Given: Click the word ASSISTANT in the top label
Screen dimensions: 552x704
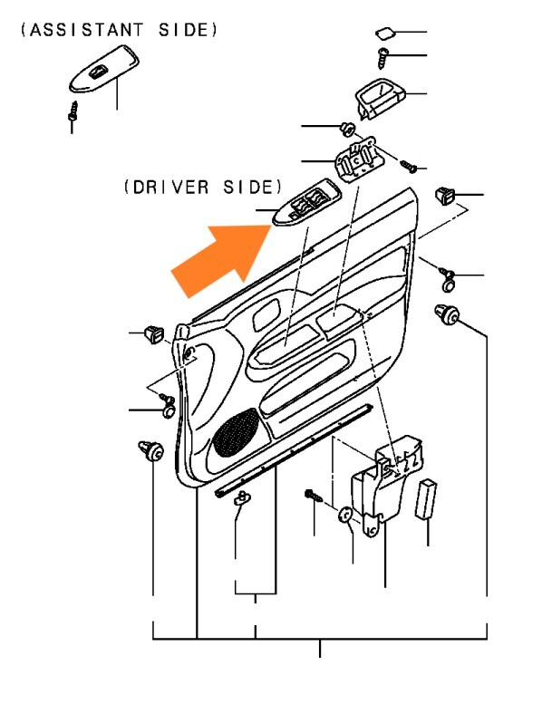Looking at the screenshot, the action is [87, 30].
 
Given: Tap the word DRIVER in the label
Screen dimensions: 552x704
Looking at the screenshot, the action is [171, 188].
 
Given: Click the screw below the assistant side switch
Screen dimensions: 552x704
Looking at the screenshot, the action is [73, 111].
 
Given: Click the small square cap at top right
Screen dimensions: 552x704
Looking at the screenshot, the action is [385, 33].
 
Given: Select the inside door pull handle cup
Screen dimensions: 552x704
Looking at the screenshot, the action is [380, 99].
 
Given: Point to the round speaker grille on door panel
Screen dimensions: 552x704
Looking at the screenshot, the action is [237, 432].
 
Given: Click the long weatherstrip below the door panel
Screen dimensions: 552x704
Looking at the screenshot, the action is [295, 450].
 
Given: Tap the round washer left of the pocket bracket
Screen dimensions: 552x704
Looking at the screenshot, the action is [345, 516].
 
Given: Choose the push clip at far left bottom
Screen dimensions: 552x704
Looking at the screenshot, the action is [150, 450].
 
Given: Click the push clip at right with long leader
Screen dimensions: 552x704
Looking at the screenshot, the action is [447, 313].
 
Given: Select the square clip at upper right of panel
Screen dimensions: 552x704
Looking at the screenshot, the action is [445, 196].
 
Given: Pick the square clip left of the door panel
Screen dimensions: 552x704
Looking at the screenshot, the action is [154, 334].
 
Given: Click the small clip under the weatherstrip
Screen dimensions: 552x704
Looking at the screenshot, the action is [242, 497].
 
